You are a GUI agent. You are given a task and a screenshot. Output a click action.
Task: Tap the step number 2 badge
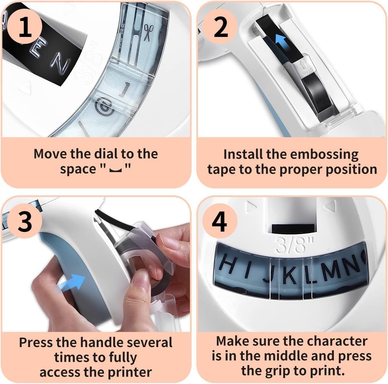[x=220, y=27]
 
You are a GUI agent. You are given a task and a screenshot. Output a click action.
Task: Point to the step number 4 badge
[x=220, y=221]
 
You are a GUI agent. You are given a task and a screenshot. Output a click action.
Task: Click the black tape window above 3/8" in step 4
[x=293, y=229]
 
